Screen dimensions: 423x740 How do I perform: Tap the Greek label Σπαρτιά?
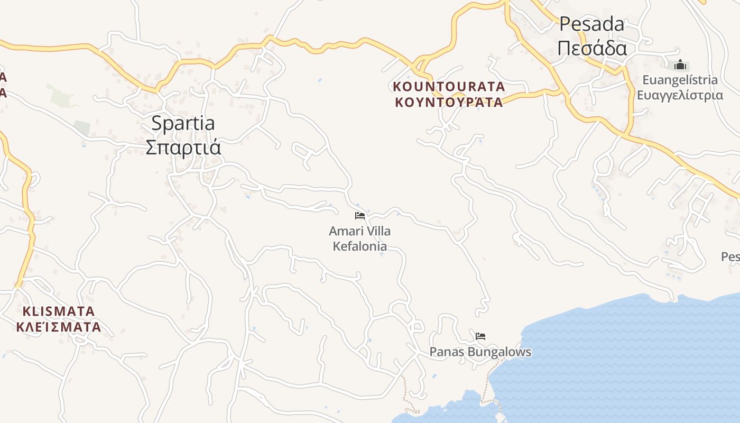point(183,147)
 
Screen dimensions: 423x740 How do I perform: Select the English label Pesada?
point(591,24)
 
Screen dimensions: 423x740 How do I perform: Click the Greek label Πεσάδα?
point(592,48)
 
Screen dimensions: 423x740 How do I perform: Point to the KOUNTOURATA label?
point(449,86)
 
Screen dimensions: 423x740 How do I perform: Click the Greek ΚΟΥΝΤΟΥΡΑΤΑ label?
point(449,102)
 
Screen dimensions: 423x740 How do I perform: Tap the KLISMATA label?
point(58,311)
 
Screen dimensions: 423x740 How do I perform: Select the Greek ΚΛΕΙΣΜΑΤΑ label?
point(58,327)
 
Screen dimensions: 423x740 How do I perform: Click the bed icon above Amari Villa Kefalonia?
point(360,216)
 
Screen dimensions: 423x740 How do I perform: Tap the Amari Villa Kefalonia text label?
point(360,238)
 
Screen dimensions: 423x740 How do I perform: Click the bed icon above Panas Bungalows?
point(480,336)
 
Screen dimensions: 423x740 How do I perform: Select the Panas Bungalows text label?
point(480,352)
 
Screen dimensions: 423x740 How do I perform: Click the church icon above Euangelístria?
point(680,65)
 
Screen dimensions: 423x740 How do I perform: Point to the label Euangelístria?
point(680,80)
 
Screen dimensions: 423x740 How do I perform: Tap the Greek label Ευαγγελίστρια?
point(680,95)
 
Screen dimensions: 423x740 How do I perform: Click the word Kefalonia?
point(360,246)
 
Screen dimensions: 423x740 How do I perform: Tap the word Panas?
point(442,352)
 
